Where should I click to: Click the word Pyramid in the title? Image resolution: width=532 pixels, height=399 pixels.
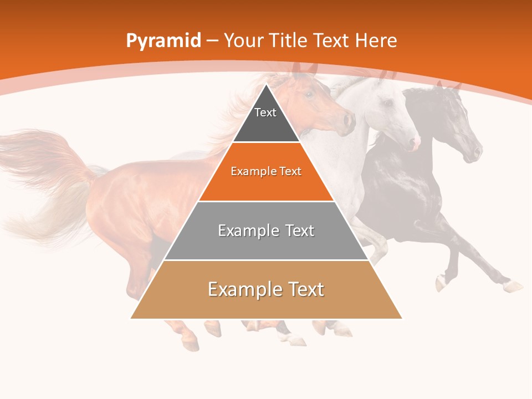163,41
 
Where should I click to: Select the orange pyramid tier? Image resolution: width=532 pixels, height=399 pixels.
266,186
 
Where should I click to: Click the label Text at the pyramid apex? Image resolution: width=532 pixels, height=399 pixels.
265,112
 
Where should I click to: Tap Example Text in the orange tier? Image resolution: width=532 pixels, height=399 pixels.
266,171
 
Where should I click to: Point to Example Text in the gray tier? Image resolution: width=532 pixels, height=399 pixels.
266,231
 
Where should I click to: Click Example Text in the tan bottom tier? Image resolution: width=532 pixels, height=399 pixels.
266,289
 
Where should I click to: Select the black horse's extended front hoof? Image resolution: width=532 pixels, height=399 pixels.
513,286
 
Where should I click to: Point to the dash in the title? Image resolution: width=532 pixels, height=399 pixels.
213,41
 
